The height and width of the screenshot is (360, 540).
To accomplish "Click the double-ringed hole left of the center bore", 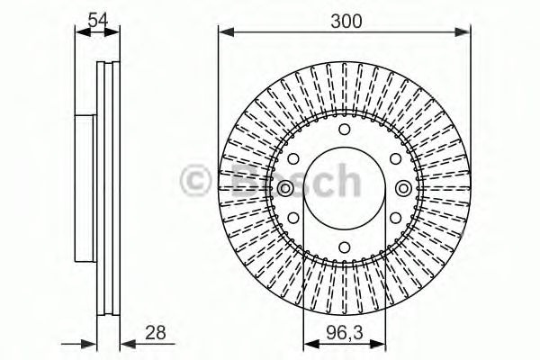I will click(x=285, y=189).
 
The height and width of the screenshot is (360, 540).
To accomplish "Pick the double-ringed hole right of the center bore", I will click(x=403, y=189).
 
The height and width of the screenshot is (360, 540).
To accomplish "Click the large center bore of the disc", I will click(x=345, y=202).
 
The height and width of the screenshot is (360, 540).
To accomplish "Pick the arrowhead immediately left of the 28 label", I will click(x=126, y=342).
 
